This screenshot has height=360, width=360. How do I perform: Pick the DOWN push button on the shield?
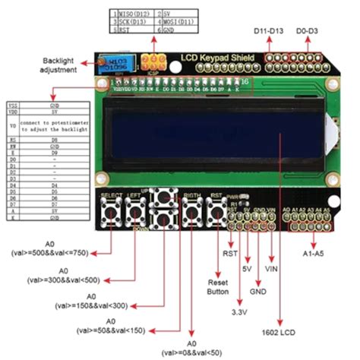tap(164, 221)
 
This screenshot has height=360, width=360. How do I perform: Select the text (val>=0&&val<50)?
tap(190, 353)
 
